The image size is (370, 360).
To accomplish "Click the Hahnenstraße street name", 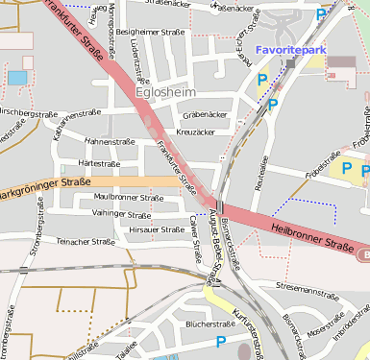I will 111,141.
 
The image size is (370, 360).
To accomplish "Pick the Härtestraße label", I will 99,163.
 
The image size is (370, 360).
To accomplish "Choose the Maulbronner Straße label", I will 129,197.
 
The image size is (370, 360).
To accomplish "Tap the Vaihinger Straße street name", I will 123,212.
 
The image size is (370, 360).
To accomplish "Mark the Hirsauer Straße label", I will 157,229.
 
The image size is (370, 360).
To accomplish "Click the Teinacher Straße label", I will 86,242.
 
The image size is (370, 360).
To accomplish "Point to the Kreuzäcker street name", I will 196,132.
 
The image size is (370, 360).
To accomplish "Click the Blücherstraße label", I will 210,324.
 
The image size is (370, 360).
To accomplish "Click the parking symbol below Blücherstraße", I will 221,341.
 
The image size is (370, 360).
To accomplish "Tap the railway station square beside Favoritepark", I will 289,63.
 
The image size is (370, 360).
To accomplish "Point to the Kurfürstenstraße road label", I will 247,327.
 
